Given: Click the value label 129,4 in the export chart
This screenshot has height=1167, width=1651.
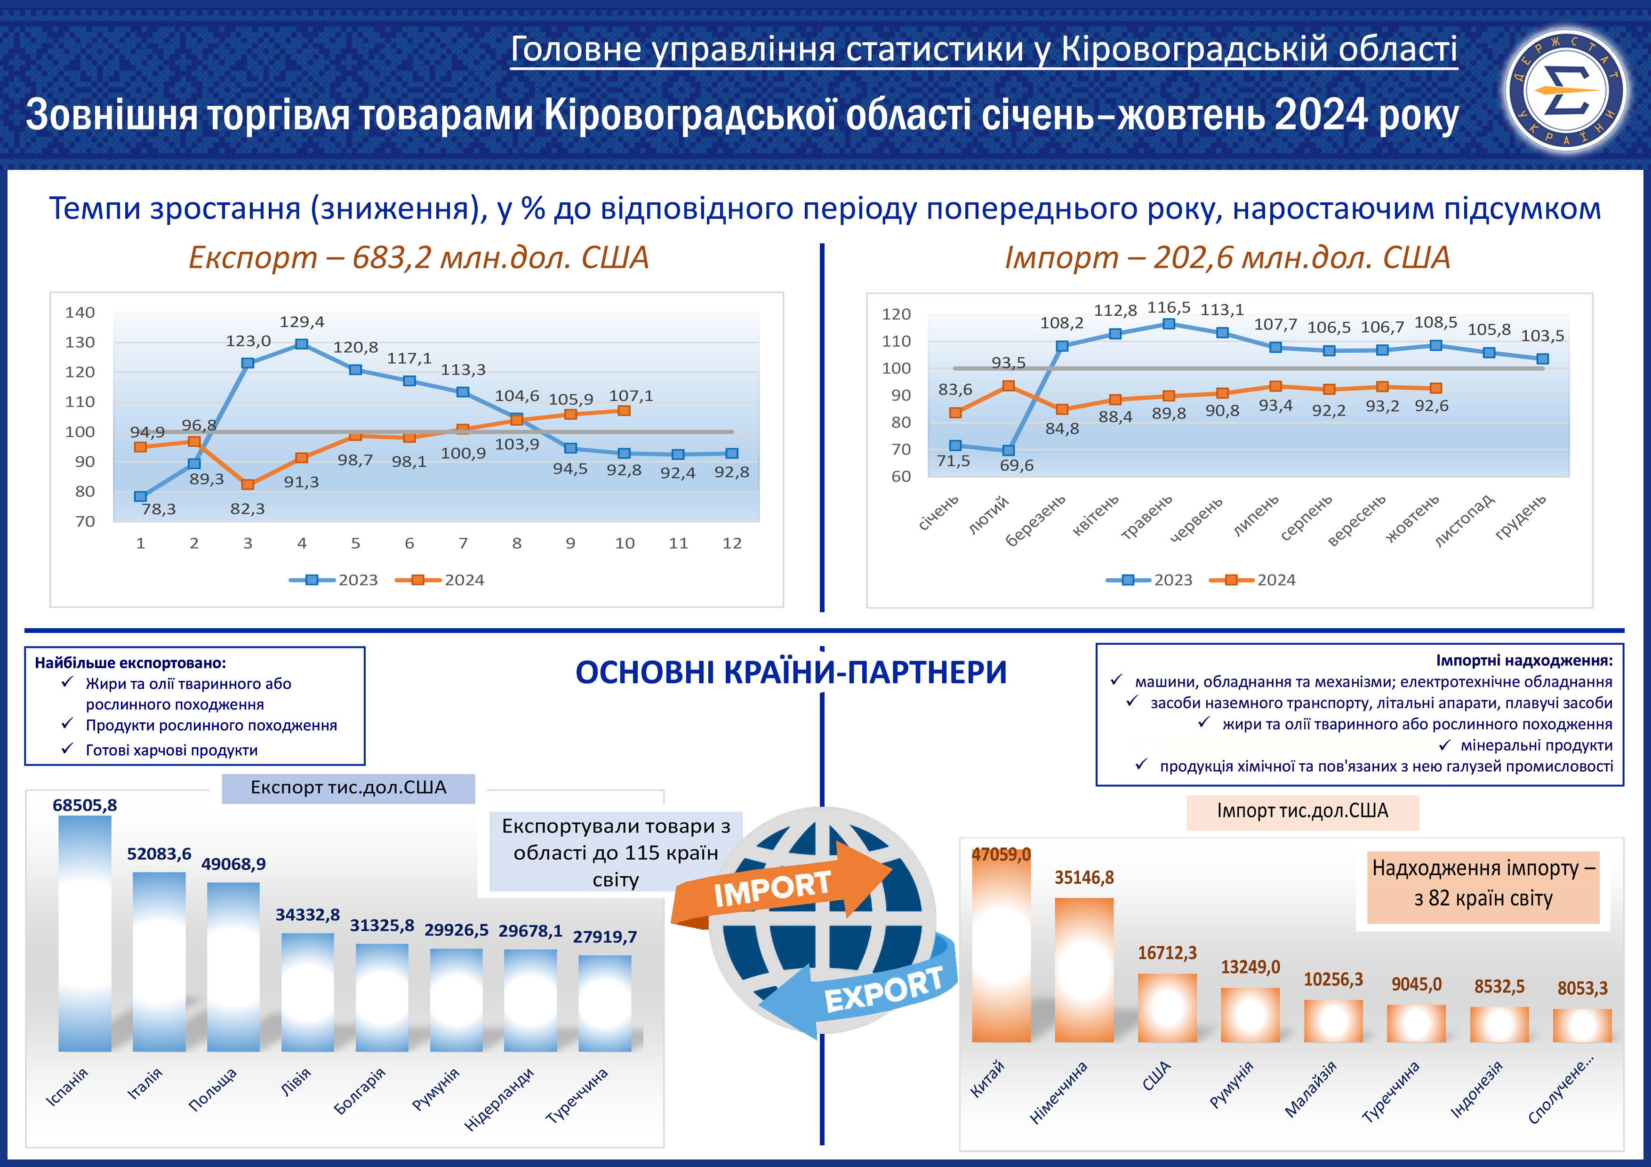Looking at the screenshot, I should coord(302,322).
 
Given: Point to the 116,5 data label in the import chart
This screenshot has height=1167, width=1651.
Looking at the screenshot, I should coord(1169,308).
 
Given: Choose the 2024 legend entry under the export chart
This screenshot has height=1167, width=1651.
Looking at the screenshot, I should coord(440,580).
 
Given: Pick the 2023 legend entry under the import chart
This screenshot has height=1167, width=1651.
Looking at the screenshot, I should coord(1149,580).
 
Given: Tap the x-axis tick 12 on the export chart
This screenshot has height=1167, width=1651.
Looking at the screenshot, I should coord(732,544).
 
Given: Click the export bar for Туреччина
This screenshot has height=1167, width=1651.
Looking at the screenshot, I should coord(605,1003).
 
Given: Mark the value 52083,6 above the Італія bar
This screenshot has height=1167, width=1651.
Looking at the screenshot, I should coord(159,854).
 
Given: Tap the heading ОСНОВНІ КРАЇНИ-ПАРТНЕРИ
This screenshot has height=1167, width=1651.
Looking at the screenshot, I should coord(791,673).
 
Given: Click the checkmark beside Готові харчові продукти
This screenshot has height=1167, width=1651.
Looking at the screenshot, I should coord(68,749).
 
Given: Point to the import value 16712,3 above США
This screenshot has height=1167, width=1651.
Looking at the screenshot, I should coord(1167,953).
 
